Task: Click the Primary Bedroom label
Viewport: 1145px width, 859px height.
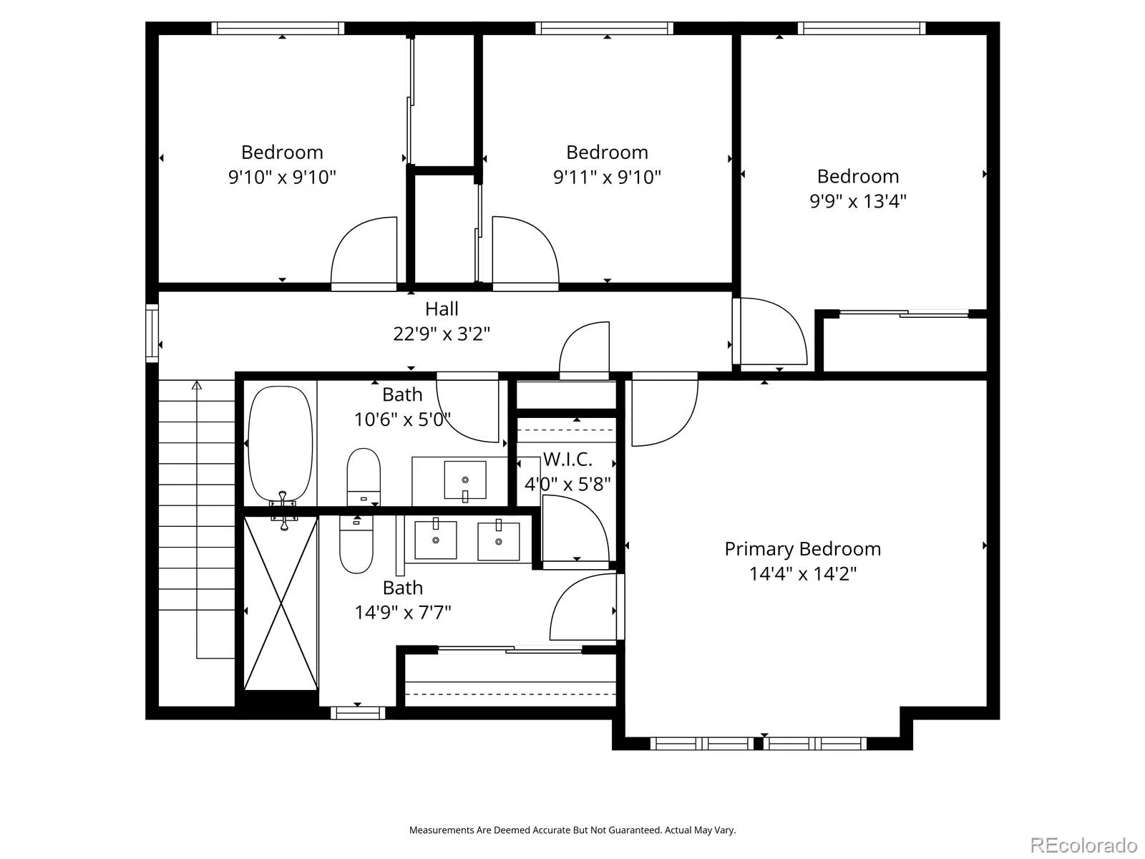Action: [x=802, y=549]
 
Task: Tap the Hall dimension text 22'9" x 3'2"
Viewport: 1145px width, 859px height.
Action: [x=442, y=334]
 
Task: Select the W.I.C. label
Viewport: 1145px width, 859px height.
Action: [x=567, y=460]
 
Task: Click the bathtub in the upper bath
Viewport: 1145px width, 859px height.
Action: [x=280, y=444]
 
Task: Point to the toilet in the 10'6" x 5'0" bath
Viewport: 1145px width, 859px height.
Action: [x=364, y=477]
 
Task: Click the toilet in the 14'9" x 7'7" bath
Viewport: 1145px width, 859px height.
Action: [x=356, y=544]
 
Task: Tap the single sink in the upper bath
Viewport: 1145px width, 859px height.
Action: [x=464, y=480]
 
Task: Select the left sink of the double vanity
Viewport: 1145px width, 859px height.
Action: [x=436, y=540]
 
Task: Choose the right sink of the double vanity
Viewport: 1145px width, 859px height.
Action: [x=498, y=541]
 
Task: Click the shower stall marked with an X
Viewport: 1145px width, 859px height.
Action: [x=281, y=603]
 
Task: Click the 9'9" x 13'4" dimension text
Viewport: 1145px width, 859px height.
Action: [x=857, y=201]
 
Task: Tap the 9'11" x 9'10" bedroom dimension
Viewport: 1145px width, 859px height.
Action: [x=607, y=178]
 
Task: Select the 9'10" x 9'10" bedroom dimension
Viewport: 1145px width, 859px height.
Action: [x=282, y=178]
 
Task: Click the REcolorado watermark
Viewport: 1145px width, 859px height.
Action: [x=1083, y=845]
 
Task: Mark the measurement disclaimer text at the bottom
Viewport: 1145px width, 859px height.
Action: [x=572, y=830]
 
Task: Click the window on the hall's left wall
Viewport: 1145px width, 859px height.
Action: [x=152, y=333]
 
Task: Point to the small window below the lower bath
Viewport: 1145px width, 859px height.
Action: [x=358, y=712]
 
